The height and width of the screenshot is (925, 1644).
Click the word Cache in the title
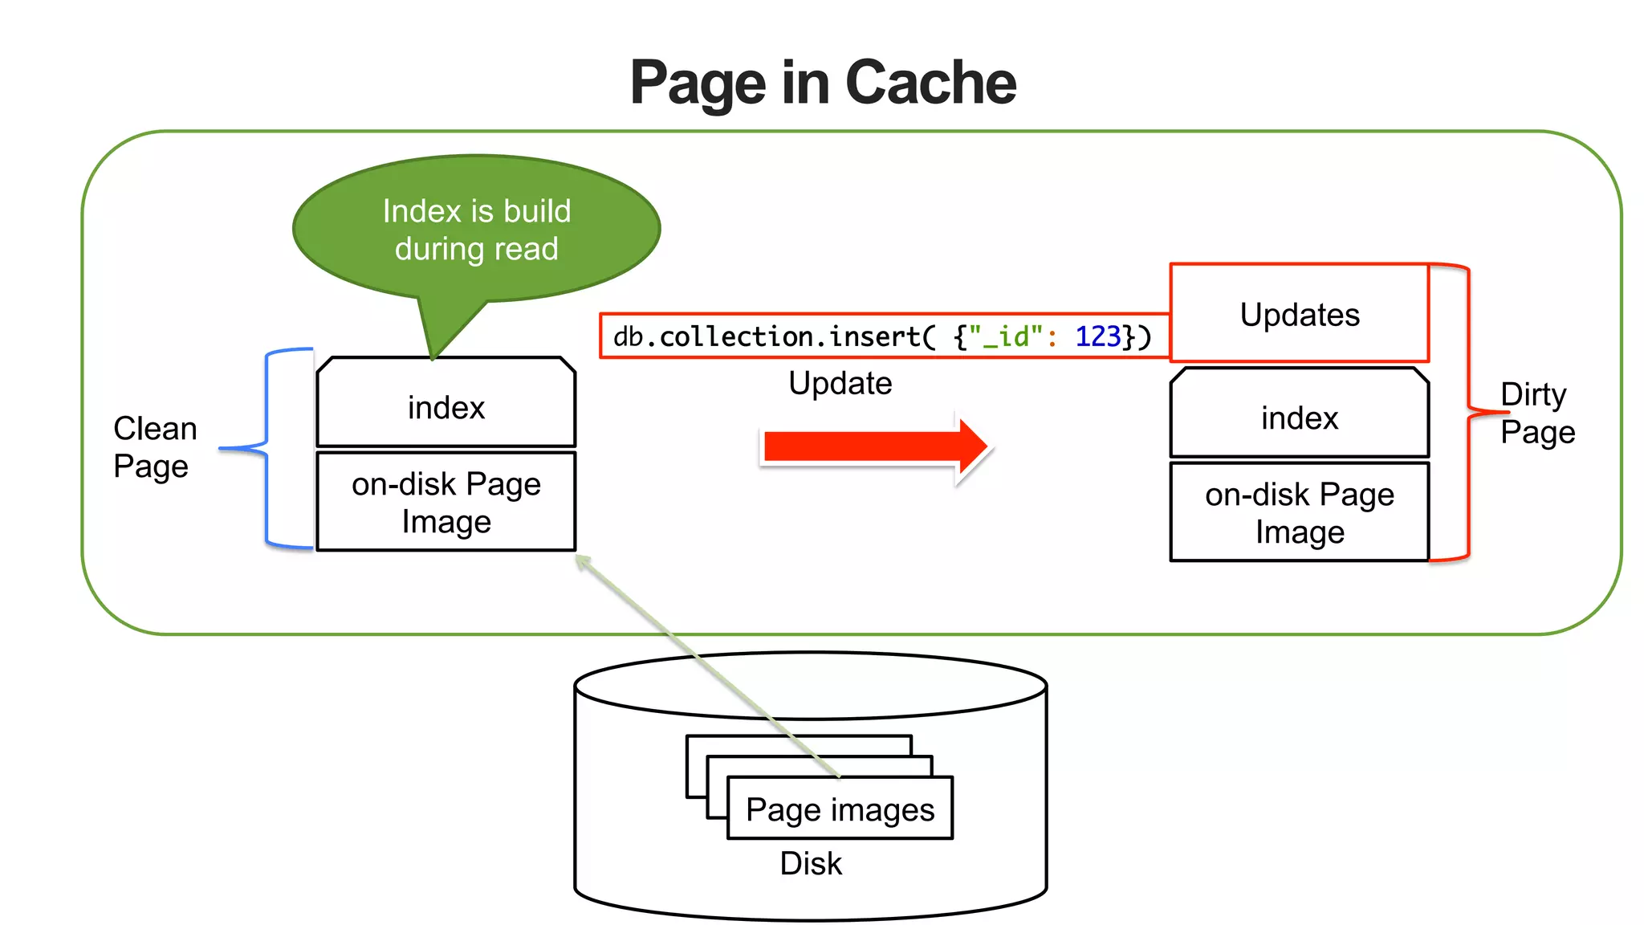point(930,83)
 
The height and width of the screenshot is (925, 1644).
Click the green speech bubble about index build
point(476,230)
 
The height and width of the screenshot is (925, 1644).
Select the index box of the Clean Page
point(446,407)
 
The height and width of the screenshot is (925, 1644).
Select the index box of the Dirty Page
point(1299,418)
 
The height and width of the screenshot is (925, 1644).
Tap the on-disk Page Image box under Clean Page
point(446,503)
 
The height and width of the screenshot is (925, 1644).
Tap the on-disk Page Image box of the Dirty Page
point(1299,513)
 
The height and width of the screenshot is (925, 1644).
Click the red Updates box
point(1299,314)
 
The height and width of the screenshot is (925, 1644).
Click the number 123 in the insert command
point(1097,336)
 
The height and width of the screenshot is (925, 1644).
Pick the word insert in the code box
point(874,336)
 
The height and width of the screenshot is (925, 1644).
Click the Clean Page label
point(154,447)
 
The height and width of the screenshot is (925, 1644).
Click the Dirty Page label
point(1536,413)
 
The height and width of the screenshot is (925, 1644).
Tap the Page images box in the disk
point(840,809)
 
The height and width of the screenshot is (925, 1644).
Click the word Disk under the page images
point(811,863)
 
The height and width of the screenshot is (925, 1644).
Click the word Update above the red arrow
point(840,383)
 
